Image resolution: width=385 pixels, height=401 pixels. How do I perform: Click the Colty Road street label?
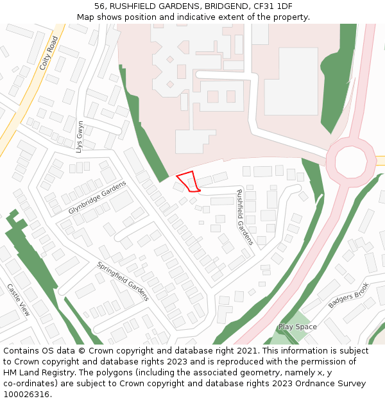click(x=49, y=53)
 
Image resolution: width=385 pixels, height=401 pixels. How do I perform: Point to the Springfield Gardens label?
click(x=123, y=281)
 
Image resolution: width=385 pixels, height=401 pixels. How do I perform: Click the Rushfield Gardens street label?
click(x=245, y=217)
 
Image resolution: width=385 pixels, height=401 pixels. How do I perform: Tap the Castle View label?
click(x=18, y=300)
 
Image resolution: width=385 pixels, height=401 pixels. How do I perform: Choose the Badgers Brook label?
click(x=348, y=295)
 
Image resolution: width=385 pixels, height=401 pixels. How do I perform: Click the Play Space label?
click(x=297, y=327)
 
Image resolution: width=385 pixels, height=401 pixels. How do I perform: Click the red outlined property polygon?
click(x=188, y=182)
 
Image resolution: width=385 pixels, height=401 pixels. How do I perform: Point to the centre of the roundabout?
click(x=350, y=160)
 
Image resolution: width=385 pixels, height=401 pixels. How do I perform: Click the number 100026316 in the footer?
click(x=26, y=394)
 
